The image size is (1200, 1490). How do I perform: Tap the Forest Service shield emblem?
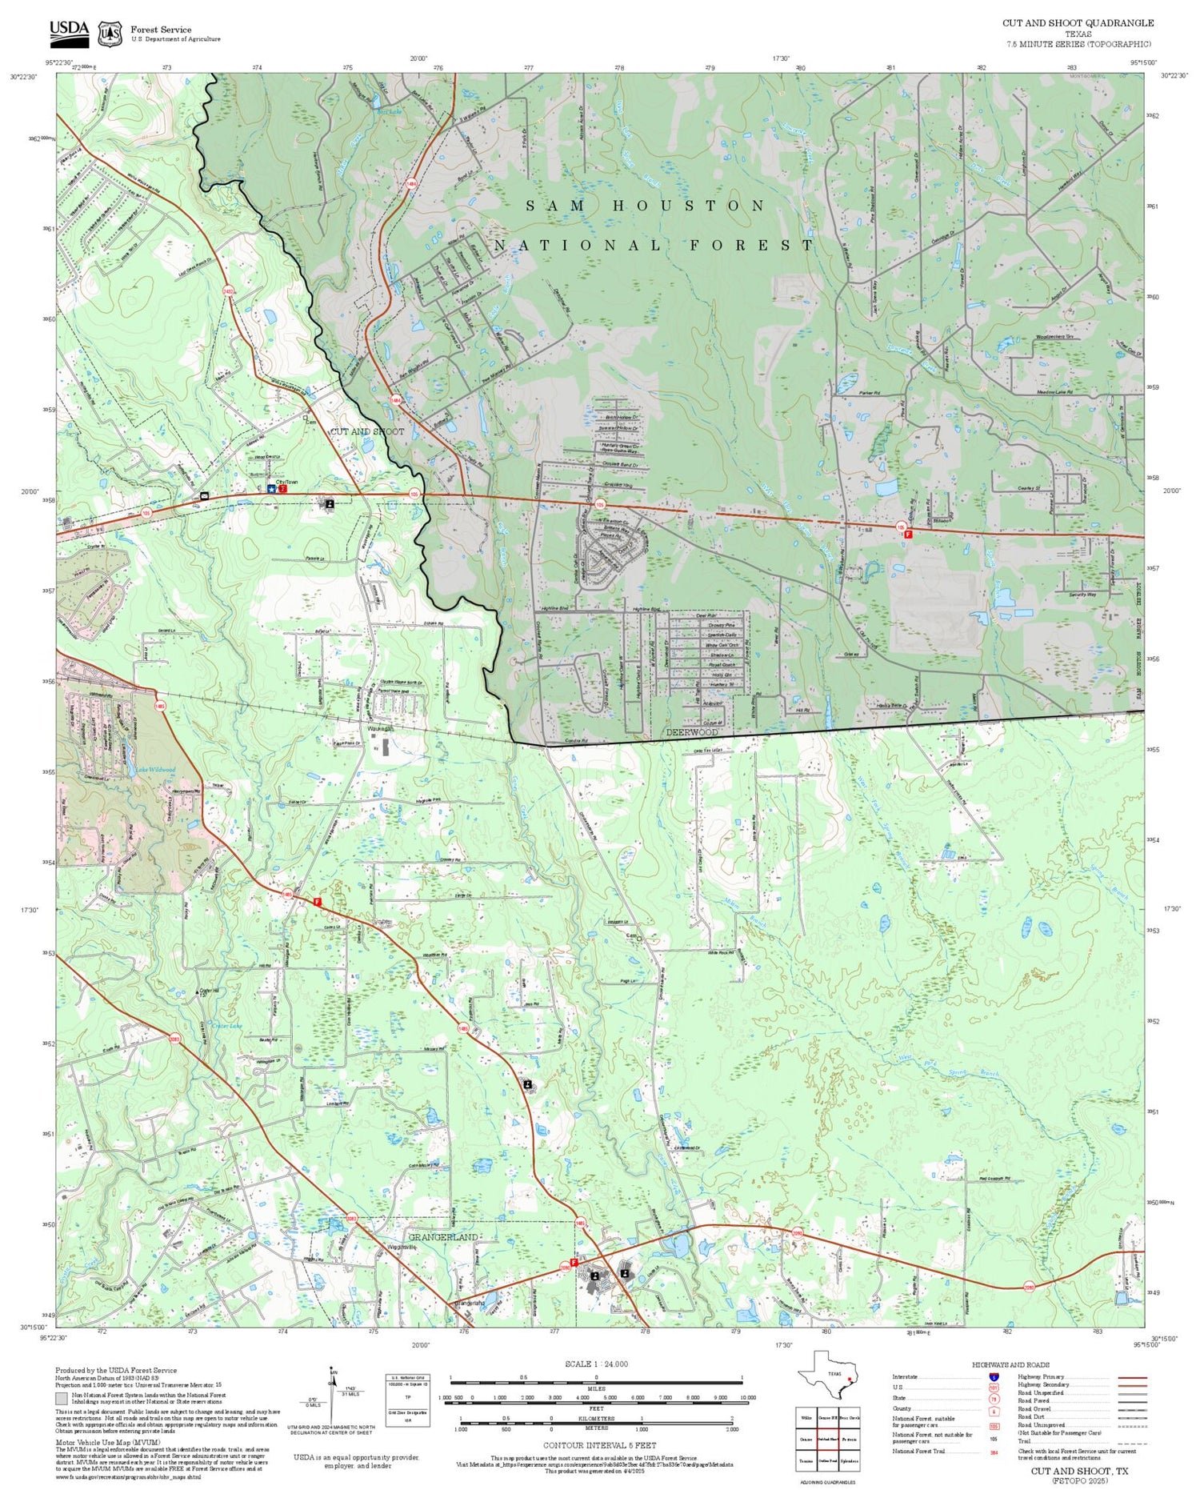click(110, 34)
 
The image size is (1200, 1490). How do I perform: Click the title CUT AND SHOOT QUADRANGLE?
click(1078, 23)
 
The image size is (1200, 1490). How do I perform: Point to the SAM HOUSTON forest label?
click(646, 206)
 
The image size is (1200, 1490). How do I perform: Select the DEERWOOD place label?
click(692, 732)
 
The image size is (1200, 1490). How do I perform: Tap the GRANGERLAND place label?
click(443, 1237)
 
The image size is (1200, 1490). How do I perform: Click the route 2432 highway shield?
click(229, 293)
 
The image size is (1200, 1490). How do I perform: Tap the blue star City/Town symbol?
click(271, 488)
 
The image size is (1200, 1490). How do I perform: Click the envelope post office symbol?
click(205, 497)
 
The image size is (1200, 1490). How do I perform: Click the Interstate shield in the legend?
click(994, 1376)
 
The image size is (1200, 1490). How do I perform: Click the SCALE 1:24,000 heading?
click(596, 1364)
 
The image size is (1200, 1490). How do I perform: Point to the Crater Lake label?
click(215, 1026)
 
